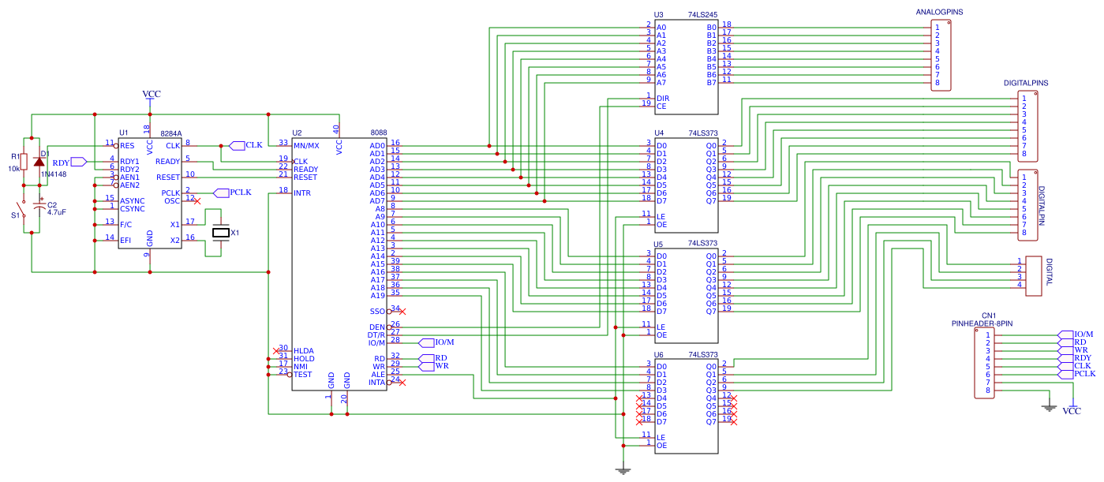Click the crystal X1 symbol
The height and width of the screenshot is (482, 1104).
click(221, 233)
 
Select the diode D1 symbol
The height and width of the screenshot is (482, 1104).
click(39, 162)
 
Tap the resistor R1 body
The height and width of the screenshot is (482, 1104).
click(24, 162)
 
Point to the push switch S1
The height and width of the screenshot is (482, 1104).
click(24, 214)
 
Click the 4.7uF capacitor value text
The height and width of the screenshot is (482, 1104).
click(57, 212)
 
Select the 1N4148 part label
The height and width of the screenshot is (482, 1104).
click(53, 174)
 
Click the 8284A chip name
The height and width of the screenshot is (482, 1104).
click(170, 133)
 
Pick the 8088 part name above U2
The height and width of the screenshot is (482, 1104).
click(378, 133)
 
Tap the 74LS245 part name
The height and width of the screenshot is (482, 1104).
click(702, 15)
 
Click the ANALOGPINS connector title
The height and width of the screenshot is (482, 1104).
click(939, 13)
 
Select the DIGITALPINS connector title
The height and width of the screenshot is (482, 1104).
click(1026, 83)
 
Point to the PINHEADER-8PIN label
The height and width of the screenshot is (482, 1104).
click(982, 323)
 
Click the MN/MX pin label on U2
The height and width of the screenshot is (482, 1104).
click(306, 146)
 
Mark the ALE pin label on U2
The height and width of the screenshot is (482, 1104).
click(378, 374)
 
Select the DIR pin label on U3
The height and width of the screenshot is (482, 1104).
click(663, 99)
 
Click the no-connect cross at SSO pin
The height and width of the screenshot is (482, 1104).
click(402, 311)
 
